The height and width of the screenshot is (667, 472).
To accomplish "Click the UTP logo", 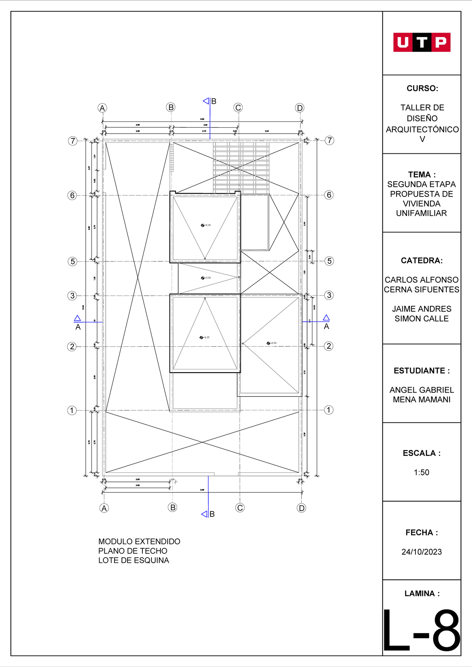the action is [x=422, y=42].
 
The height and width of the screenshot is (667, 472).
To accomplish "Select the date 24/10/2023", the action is [x=422, y=552].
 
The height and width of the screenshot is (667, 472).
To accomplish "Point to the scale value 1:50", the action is [x=422, y=472].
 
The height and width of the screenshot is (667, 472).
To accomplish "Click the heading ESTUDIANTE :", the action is [x=422, y=371].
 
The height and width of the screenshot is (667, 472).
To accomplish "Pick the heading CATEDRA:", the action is [x=422, y=261].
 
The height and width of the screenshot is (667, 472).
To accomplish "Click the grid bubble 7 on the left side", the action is [x=73, y=141].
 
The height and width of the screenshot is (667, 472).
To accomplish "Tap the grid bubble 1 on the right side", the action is [x=329, y=410].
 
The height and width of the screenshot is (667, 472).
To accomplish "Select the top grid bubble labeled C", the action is [x=238, y=108].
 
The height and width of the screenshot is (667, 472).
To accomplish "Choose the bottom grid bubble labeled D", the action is [x=301, y=508].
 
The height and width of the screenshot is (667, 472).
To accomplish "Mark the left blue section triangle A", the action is [x=77, y=319].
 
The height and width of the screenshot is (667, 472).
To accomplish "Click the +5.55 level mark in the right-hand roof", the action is [x=271, y=343].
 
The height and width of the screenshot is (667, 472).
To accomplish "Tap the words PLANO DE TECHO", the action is [x=133, y=551].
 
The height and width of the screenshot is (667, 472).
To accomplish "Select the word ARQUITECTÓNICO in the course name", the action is [x=422, y=129].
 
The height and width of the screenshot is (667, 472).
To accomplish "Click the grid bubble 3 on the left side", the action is [x=72, y=296].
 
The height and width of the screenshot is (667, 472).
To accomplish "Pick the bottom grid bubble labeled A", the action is [x=104, y=508].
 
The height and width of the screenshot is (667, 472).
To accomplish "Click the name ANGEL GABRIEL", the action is [x=422, y=390].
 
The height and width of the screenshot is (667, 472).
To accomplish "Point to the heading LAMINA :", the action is [x=422, y=594].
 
